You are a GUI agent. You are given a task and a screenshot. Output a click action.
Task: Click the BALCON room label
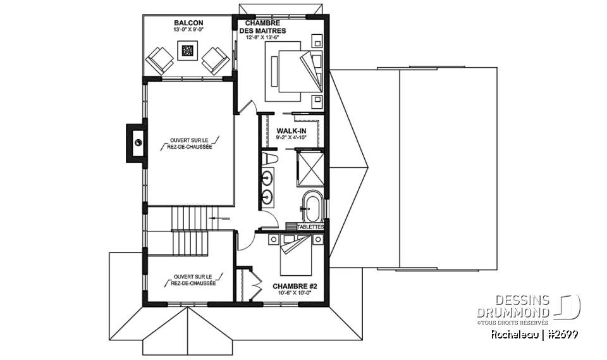click(188, 23)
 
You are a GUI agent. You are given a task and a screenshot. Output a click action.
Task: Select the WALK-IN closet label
click(291, 131)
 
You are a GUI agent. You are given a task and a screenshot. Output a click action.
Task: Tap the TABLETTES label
click(310, 227)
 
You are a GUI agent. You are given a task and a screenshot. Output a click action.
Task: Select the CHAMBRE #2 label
click(295, 287)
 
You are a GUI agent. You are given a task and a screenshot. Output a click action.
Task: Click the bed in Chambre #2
click(295, 254)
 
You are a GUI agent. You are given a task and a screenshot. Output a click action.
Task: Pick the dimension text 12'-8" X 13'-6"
click(262, 37)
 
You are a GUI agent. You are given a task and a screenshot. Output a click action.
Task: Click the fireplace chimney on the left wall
click(137, 143)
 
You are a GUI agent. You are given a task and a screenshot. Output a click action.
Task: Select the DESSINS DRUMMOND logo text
click(513, 306)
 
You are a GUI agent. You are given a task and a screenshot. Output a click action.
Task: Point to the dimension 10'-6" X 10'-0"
click(295, 292)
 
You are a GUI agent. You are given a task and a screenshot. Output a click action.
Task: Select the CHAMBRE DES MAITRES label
click(262, 27)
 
